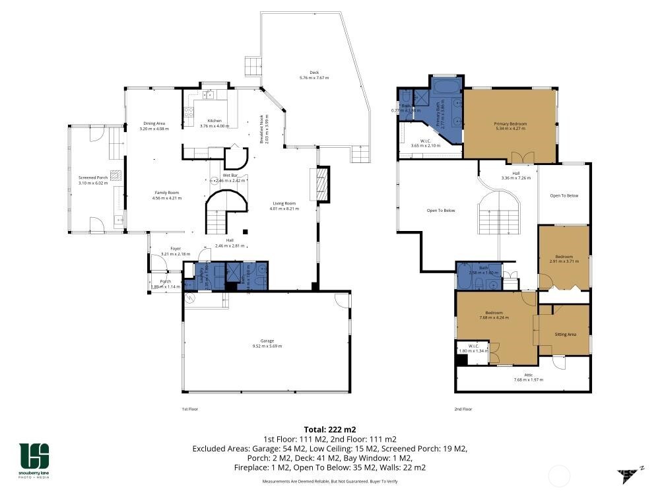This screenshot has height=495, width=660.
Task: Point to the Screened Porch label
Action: tap(92, 180)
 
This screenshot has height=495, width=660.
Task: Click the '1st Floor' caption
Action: tap(189, 409)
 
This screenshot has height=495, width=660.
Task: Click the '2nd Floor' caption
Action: tap(463, 409)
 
